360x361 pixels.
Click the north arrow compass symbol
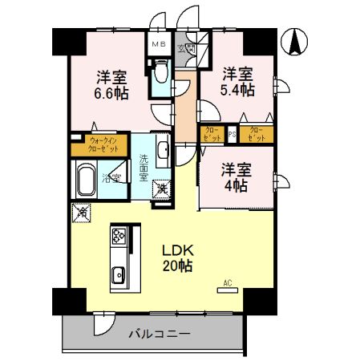point(296,41)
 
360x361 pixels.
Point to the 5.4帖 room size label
point(238,81)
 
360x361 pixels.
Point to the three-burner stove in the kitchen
point(119,237)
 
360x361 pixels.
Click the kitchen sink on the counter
point(119,274)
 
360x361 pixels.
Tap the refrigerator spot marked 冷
point(80,213)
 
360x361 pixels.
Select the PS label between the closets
point(232,133)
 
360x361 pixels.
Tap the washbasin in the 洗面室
point(161,149)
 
